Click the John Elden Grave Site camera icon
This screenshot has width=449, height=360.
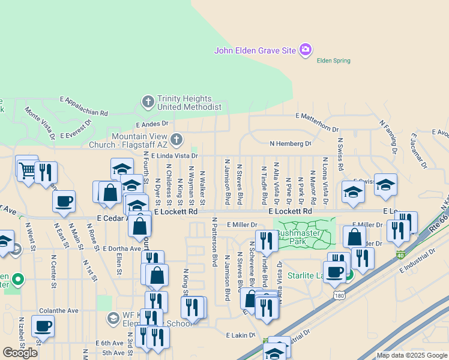pos(306,49)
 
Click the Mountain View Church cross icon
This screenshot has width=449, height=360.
pos(176,140)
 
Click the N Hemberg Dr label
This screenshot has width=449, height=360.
pos(291,144)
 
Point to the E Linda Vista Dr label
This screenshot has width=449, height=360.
pos(175,155)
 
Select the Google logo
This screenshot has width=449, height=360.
pos(20,353)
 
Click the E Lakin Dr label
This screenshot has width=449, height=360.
pos(241,335)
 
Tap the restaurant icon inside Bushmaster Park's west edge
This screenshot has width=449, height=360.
pos(267,241)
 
